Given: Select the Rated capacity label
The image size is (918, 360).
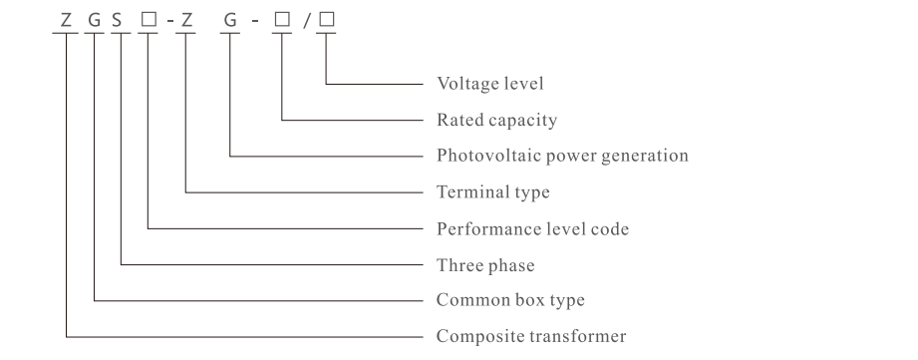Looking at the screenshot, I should tap(496, 120).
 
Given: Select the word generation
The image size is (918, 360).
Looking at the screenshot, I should tap(645, 156).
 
